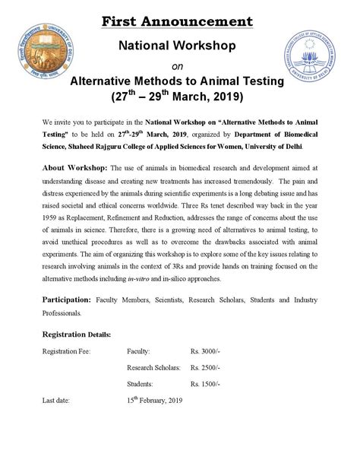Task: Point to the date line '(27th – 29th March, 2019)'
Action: coord(180,98)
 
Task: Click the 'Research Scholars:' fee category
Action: coord(155,388)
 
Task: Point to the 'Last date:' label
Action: coord(60,422)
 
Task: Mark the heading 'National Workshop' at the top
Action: coord(180,46)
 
